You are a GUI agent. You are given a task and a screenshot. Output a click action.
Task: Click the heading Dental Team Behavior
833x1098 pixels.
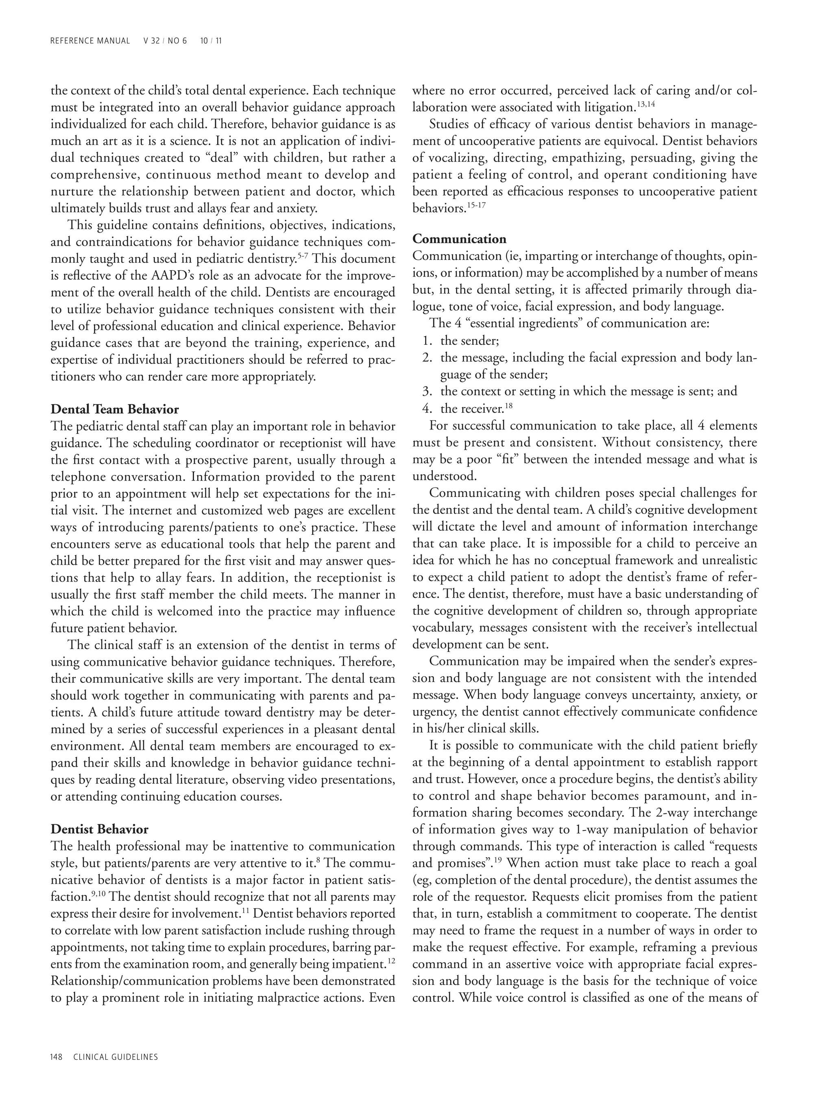coord(115,410)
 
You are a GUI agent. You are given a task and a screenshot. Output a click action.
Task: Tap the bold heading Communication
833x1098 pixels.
coord(459,239)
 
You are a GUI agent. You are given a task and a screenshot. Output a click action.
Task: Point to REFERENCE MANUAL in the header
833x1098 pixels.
coord(90,41)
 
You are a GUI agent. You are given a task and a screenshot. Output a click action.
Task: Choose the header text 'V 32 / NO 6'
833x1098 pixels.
coord(165,41)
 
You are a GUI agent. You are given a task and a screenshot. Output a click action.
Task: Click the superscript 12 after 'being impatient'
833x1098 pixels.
coord(391,961)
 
